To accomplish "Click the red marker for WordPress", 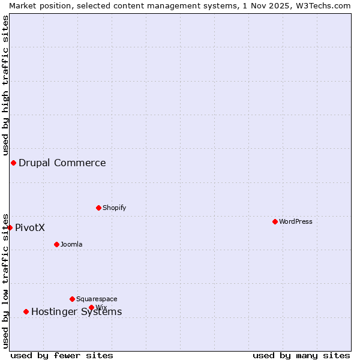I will pos(275,221).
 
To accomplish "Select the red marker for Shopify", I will pos(98,208).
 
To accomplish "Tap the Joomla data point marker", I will pos(56,244).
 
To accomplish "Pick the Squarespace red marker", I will pos(72,299).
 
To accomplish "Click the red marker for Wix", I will pos(91,307).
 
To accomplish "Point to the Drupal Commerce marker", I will pos(13,163).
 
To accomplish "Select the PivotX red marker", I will pos(10,227).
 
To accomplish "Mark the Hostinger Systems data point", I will pos(26,311).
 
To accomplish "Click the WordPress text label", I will pos(295,221).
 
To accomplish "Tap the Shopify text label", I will pos(114,208).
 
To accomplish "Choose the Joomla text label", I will pos(71,244).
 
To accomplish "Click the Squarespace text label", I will pos(97,299).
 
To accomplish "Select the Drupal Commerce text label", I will pos(62,163).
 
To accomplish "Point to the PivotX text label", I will pos(30,227).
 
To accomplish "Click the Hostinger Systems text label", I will pos(76,311).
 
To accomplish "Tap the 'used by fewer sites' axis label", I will pos(62,355).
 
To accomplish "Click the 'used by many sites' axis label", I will pos(301,355).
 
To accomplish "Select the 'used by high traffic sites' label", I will pos(5,84).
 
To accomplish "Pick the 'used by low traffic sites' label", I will pos(5,281).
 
